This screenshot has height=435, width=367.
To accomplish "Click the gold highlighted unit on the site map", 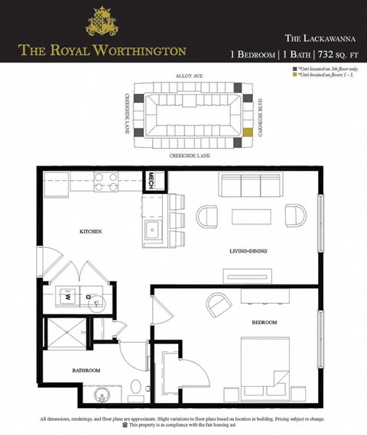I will (246, 132).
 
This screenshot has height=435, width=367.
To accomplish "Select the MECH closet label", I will (152, 180).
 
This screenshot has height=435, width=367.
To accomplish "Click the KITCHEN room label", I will (91, 230).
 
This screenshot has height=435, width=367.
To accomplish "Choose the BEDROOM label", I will (265, 323).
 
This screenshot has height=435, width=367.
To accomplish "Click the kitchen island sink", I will (151, 230).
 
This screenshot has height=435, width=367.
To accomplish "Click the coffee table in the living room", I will (251, 216).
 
